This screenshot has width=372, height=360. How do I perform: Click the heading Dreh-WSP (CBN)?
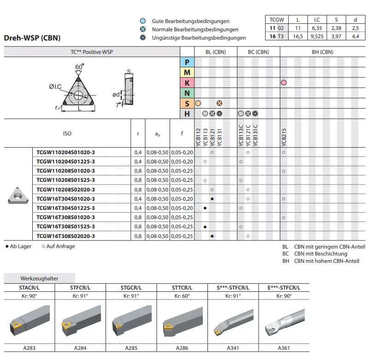tap(32, 38)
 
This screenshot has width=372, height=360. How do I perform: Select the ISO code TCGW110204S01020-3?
tap(65, 152)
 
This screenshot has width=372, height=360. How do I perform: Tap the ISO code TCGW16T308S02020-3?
tap(65, 236)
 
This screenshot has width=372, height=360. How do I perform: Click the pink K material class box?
tap(187, 83)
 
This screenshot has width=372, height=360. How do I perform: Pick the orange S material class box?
tap(187, 103)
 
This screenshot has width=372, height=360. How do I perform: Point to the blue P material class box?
tap(187, 62)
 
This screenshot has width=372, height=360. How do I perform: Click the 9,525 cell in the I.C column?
tap(317, 36)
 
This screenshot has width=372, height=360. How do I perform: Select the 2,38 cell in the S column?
tap(336, 28)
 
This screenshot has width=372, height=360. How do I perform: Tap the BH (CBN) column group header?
tap(322, 52)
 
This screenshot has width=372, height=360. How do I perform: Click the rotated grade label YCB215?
tap(284, 137)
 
